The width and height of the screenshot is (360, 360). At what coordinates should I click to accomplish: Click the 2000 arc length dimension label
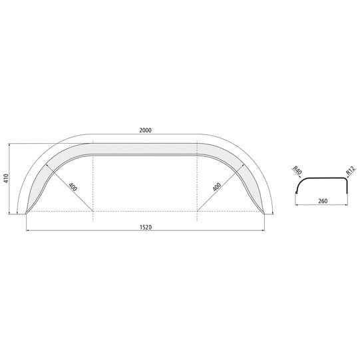145,130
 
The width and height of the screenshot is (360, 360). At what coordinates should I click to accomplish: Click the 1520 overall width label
146,228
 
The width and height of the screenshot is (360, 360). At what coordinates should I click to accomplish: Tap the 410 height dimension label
5,178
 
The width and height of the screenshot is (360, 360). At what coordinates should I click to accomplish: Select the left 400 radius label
73,187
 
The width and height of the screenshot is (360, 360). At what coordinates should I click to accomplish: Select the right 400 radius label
217,187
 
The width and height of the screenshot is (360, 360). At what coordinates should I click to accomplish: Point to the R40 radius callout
297,171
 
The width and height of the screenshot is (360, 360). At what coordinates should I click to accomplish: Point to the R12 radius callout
351,170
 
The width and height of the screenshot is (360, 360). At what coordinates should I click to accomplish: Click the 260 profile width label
323,201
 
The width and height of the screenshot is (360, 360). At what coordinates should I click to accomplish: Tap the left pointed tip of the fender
26,214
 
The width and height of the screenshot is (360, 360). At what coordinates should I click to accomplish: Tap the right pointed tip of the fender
264,214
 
